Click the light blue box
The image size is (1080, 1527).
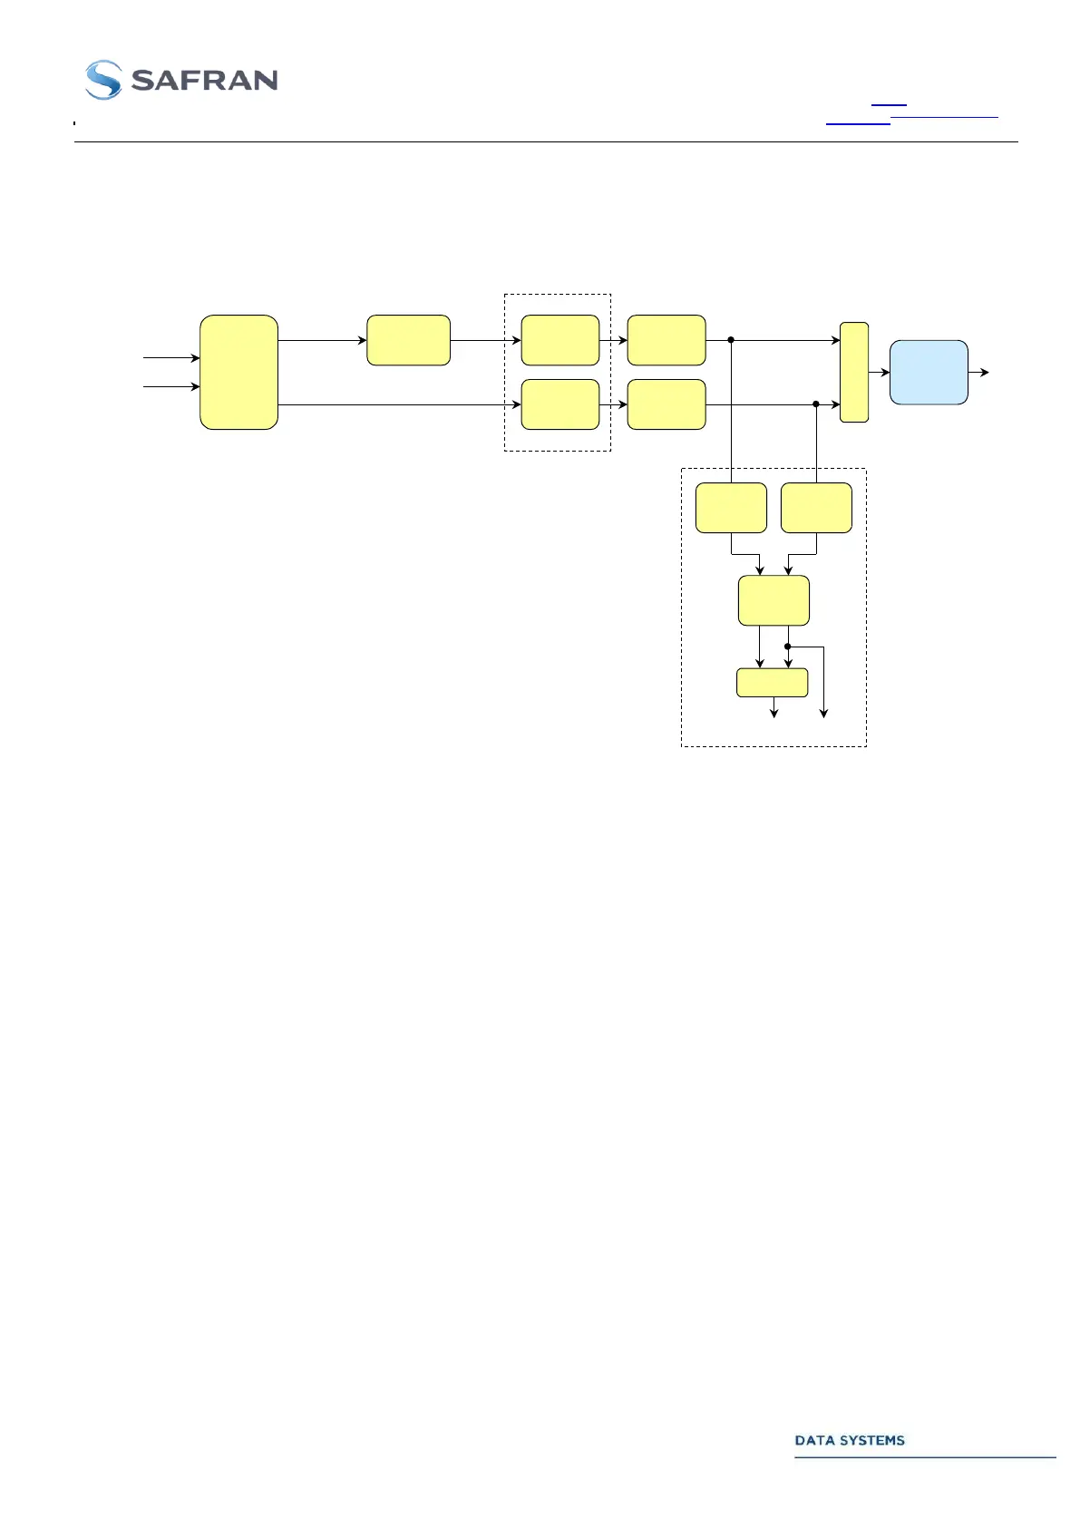(929, 372)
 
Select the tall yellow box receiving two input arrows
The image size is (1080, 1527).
(238, 372)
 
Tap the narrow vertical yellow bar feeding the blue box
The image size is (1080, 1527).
(854, 372)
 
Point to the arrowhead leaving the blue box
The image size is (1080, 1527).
(985, 372)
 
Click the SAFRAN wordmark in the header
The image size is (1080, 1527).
(204, 81)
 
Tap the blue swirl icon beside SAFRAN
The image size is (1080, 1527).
(103, 80)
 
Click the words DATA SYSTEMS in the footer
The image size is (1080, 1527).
(850, 1441)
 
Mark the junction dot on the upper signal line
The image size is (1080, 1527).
(731, 340)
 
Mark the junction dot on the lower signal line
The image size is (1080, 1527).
(816, 404)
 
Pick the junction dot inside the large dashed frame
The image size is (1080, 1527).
(788, 647)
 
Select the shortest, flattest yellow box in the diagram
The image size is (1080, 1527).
(772, 683)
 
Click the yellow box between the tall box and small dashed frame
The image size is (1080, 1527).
(408, 340)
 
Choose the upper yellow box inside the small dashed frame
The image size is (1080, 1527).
(560, 340)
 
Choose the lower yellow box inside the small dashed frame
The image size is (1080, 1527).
(560, 404)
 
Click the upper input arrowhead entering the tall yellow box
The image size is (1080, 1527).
(195, 358)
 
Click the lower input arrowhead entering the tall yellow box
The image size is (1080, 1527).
(195, 387)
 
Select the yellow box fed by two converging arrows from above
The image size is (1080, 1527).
(774, 600)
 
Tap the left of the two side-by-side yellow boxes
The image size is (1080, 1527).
(731, 508)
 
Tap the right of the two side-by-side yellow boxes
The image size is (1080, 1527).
(816, 508)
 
